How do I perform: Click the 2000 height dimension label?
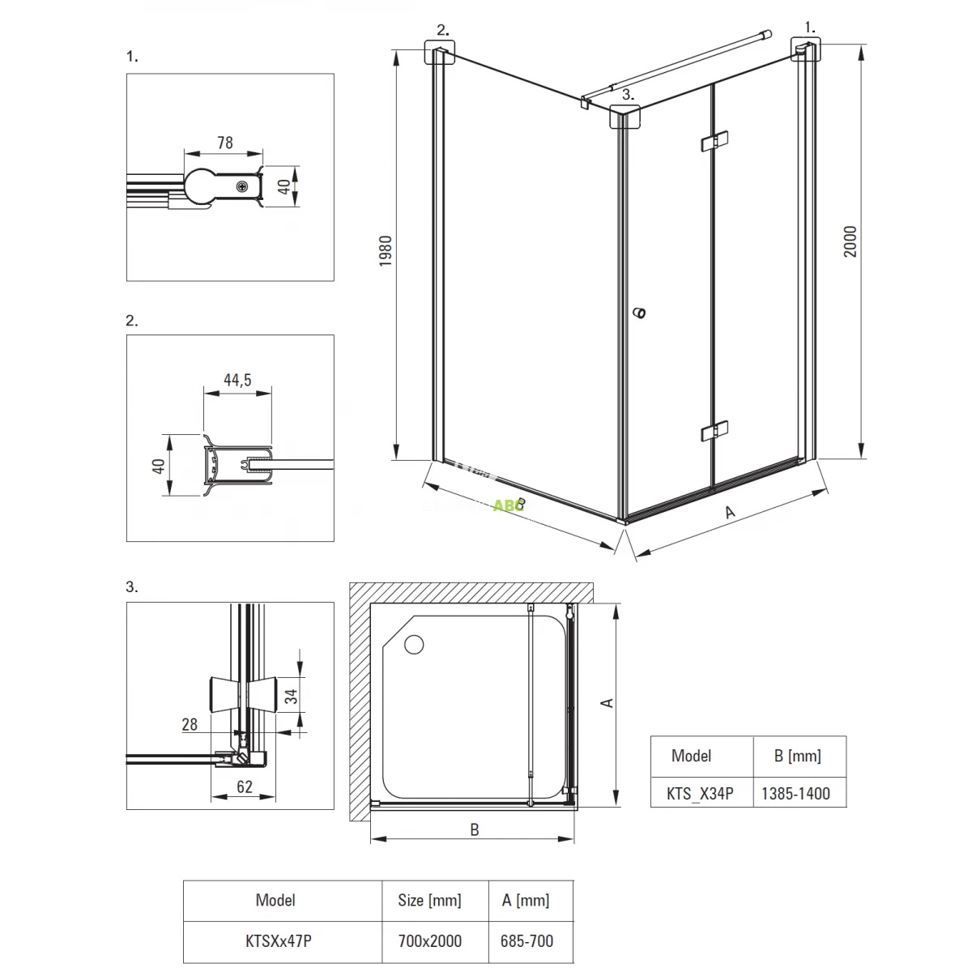tap(850, 241)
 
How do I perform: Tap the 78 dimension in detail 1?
tap(224, 143)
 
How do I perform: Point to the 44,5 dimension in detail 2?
tap(237, 379)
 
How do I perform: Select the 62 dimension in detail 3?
tap(245, 786)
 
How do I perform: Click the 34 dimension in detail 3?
tap(290, 694)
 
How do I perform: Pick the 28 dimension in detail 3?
tap(190, 723)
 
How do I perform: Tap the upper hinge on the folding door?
tap(714, 142)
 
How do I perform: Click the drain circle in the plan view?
tap(414, 645)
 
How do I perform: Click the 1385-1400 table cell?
tap(795, 793)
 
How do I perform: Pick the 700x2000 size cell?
tap(430, 941)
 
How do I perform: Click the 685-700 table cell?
tap(526, 941)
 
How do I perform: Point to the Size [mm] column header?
tap(430, 900)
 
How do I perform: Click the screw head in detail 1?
tap(242, 187)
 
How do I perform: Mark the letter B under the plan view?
tap(475, 829)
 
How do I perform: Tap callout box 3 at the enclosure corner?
tap(625, 118)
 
